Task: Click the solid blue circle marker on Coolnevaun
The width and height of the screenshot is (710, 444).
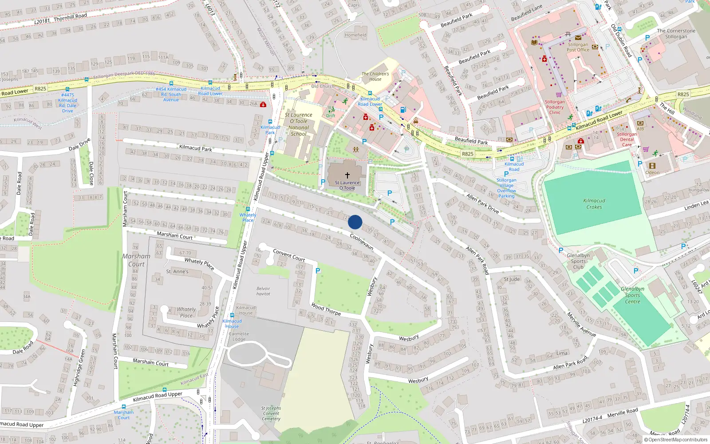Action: (355, 222)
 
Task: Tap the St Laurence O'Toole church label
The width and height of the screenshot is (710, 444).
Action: (347, 185)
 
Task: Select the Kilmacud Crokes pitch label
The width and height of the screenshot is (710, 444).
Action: (594, 204)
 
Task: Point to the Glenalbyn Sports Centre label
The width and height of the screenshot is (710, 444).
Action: (632, 295)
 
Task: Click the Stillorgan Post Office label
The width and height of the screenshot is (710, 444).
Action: (578, 47)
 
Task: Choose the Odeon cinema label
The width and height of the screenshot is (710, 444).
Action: (652, 173)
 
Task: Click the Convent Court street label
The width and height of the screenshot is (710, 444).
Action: (289, 255)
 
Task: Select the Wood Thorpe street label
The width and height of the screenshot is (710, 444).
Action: (326, 309)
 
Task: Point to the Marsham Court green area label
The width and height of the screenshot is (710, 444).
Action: (136, 260)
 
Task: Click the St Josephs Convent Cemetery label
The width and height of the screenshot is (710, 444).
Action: (271, 413)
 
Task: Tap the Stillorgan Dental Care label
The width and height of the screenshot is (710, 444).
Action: (627, 139)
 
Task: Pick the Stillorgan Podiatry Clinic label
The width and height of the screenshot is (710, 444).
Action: (555, 107)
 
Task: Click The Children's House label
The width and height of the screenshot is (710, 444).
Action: (375, 76)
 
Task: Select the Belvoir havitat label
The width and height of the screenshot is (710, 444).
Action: (263, 291)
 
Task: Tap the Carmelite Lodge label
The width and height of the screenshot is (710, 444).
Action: (239, 337)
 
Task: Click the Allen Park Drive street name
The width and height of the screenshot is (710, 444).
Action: (482, 203)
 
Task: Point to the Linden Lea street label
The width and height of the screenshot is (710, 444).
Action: (696, 205)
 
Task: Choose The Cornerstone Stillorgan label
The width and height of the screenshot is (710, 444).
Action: (676, 34)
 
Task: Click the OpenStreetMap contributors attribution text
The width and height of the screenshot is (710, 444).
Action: (678, 440)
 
